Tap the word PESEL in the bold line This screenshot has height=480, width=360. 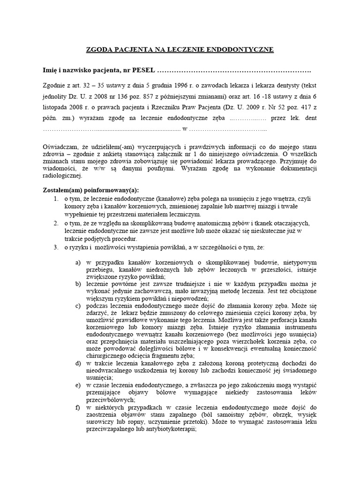click(x=143, y=70)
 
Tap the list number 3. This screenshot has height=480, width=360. click(x=55, y=246)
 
